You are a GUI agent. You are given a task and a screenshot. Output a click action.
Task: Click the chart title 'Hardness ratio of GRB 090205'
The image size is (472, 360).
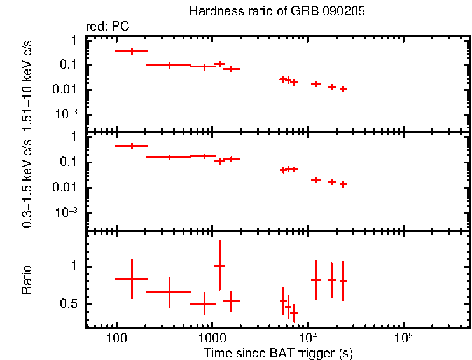click(x=277, y=12)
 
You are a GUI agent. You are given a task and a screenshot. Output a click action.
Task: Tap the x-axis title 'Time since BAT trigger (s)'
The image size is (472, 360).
click(x=278, y=352)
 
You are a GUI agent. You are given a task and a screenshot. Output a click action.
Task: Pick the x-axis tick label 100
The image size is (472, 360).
click(x=116, y=337)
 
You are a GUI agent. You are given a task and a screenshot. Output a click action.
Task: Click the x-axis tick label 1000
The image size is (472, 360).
click(x=211, y=337)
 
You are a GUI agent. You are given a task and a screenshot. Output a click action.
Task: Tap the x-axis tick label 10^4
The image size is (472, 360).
click(x=307, y=336)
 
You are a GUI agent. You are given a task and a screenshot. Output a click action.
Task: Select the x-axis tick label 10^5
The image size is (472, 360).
click(x=403, y=336)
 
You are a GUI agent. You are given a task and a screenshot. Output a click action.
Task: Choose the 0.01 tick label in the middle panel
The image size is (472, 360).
click(x=66, y=187)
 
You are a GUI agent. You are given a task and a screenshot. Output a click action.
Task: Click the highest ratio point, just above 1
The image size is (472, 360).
click(x=219, y=265)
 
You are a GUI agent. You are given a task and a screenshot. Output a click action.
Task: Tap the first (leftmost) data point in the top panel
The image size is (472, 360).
click(x=132, y=51)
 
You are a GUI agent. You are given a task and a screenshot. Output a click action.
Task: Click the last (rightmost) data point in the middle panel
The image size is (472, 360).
click(x=343, y=184)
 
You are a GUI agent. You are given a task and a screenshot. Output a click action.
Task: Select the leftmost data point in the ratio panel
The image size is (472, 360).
click(x=132, y=279)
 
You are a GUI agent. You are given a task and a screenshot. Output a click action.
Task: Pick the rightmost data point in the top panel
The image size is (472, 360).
click(x=343, y=89)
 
